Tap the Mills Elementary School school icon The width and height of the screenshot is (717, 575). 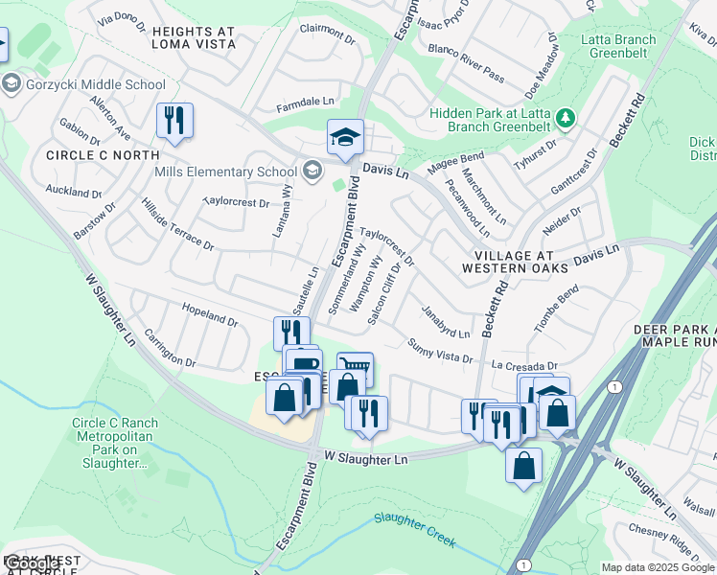coord(311,172)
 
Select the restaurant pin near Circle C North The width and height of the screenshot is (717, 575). coord(174,121)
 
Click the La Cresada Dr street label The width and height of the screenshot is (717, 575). coord(523,366)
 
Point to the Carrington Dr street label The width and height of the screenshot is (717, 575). coord(170,350)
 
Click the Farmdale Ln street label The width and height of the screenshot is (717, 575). coord(306,101)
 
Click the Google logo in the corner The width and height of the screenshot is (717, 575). coord(31,563)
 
